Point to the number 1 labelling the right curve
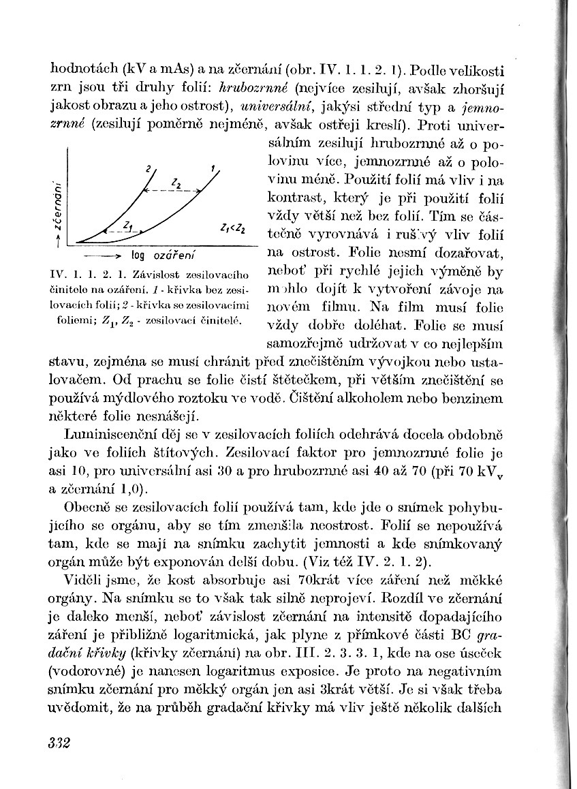coord(213,168)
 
